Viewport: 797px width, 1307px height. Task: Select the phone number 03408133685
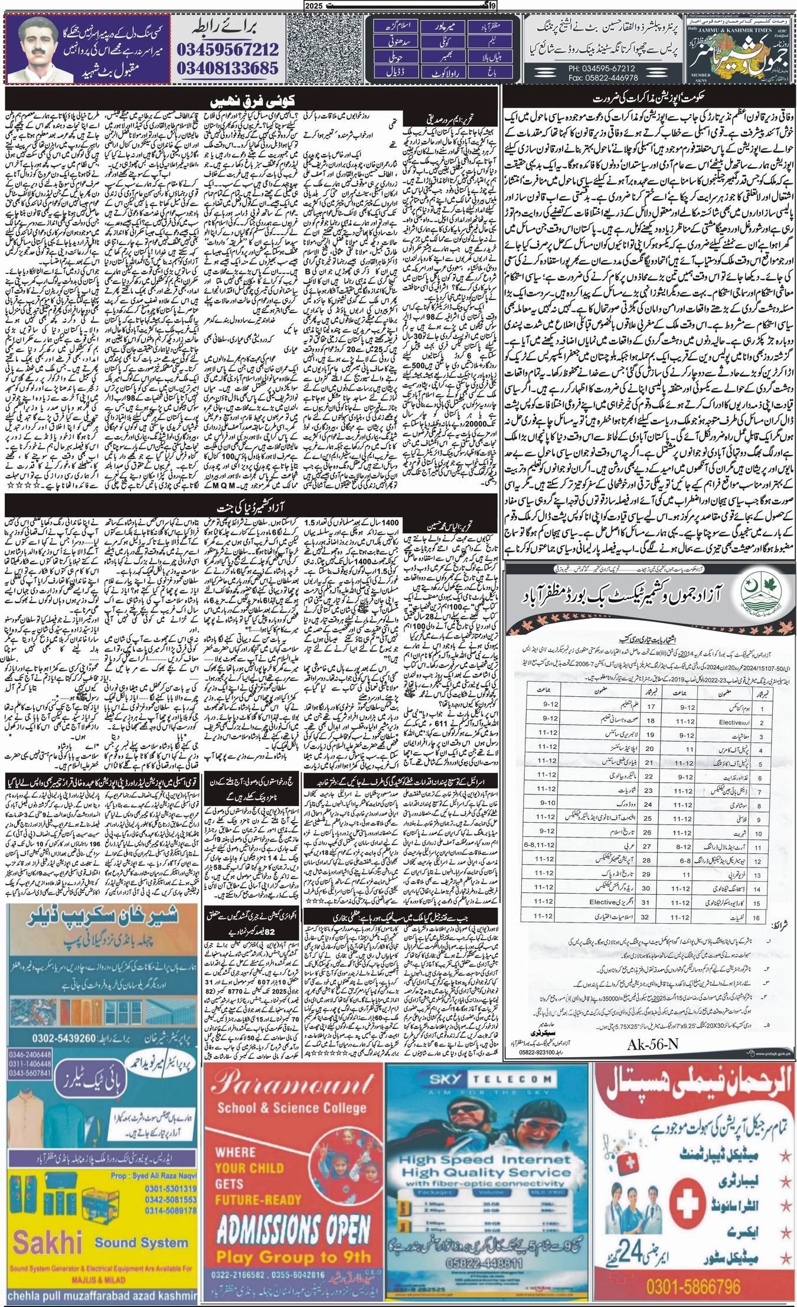point(227,67)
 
